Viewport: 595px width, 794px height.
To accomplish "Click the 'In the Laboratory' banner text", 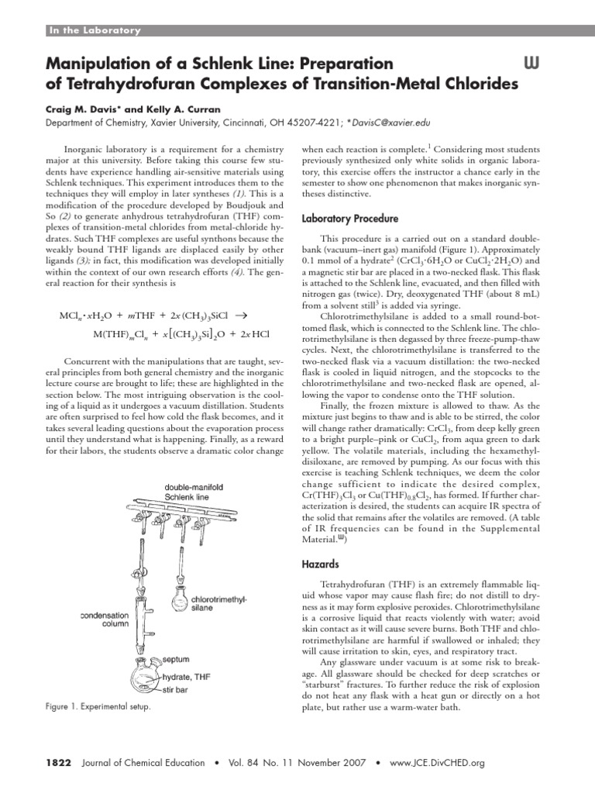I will coord(95,31).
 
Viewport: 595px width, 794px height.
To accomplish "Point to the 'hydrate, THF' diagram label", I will coord(185,676).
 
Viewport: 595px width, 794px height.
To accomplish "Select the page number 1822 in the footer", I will coord(55,763).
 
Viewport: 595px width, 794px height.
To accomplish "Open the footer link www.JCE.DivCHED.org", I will coord(437,763).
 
